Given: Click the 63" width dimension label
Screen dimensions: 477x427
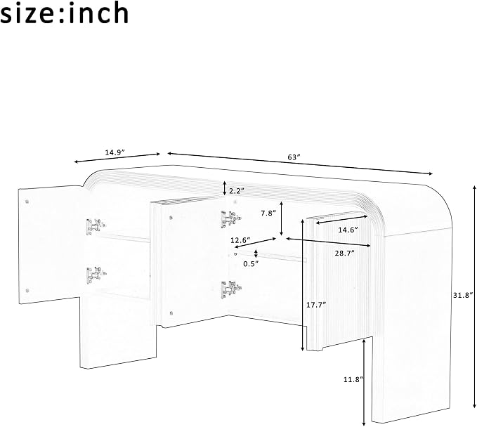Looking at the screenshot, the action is pos(294,157).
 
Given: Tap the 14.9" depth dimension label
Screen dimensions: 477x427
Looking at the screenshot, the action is pos(115,152).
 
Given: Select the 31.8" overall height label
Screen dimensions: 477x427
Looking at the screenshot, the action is pos(464,295).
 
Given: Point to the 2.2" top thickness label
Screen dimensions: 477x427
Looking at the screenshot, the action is pos(237,191).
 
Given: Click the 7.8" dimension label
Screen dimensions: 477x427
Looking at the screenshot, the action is pos(268,213).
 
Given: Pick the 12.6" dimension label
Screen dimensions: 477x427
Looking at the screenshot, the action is pos(240,240).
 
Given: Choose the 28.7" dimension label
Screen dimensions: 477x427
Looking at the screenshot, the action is pos(345,253).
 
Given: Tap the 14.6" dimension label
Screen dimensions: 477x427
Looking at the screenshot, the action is pos(348,230).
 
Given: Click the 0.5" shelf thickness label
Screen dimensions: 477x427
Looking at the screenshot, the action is pos(251,263).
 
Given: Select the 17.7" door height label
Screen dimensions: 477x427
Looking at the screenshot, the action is pos(316,304).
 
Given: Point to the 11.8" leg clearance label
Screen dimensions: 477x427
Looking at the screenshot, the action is pos(353,379).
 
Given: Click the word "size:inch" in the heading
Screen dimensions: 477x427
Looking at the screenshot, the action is pos(64,13).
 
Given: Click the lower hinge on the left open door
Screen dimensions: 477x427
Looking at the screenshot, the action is pos(96,275).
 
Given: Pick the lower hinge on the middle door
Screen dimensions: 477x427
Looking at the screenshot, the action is pos(232,289).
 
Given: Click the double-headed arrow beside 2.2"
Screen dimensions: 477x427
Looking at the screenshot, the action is pos(225,188).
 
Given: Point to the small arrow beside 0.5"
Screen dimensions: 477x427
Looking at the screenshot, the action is pos(256,253).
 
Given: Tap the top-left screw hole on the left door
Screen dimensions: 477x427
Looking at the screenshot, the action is pos(27,202).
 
